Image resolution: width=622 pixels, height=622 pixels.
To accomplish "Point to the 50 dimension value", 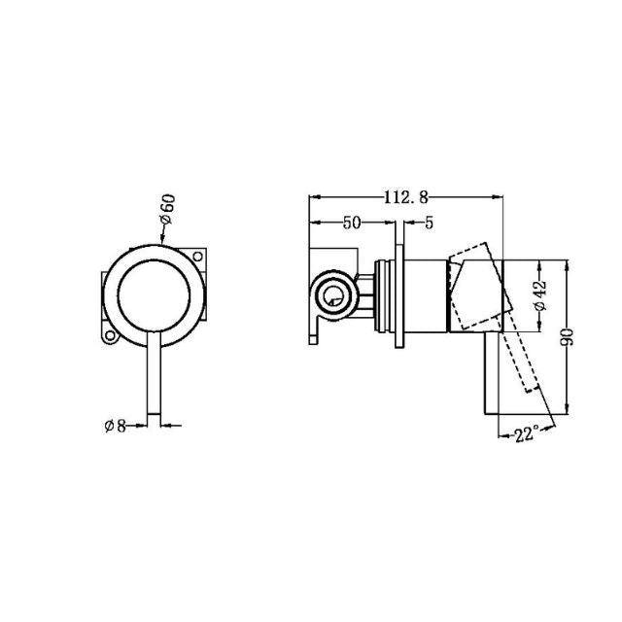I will [x=351, y=223].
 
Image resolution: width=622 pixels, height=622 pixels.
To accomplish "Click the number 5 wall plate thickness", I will [x=428, y=223].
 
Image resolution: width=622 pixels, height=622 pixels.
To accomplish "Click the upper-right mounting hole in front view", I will [x=202, y=259].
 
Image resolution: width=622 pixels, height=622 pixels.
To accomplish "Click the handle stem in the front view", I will [x=154, y=379].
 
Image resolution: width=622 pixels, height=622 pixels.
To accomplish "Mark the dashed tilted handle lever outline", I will [x=520, y=350].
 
